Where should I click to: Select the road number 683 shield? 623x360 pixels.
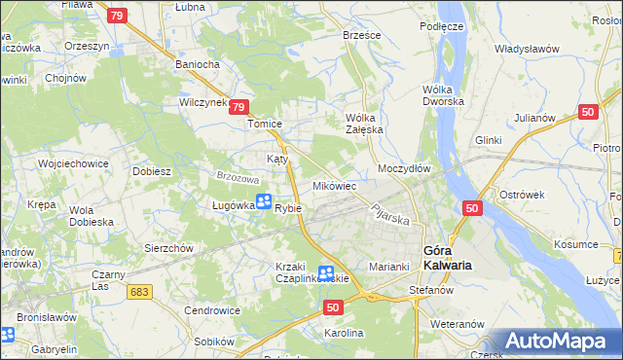point(139,292)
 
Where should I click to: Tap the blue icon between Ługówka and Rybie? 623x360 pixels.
point(263,202)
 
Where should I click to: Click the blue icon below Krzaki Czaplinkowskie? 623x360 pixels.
point(326,275)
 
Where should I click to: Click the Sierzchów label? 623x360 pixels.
point(170,248)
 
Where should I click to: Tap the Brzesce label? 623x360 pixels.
point(362,34)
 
